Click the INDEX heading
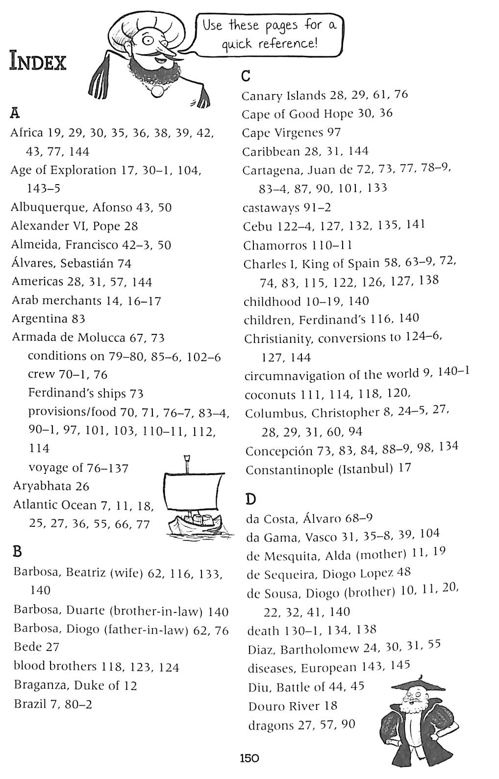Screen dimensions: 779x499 [x=38, y=63]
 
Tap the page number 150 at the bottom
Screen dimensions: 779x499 [x=249, y=758]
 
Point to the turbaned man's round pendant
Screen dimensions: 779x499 [x=158, y=91]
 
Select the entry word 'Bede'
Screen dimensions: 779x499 [x=27, y=647]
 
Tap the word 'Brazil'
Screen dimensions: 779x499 [x=28, y=704]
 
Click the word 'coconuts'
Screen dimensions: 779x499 [x=271, y=395]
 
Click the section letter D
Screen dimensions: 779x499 [x=250, y=499]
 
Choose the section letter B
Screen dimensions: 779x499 [x=17, y=552]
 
